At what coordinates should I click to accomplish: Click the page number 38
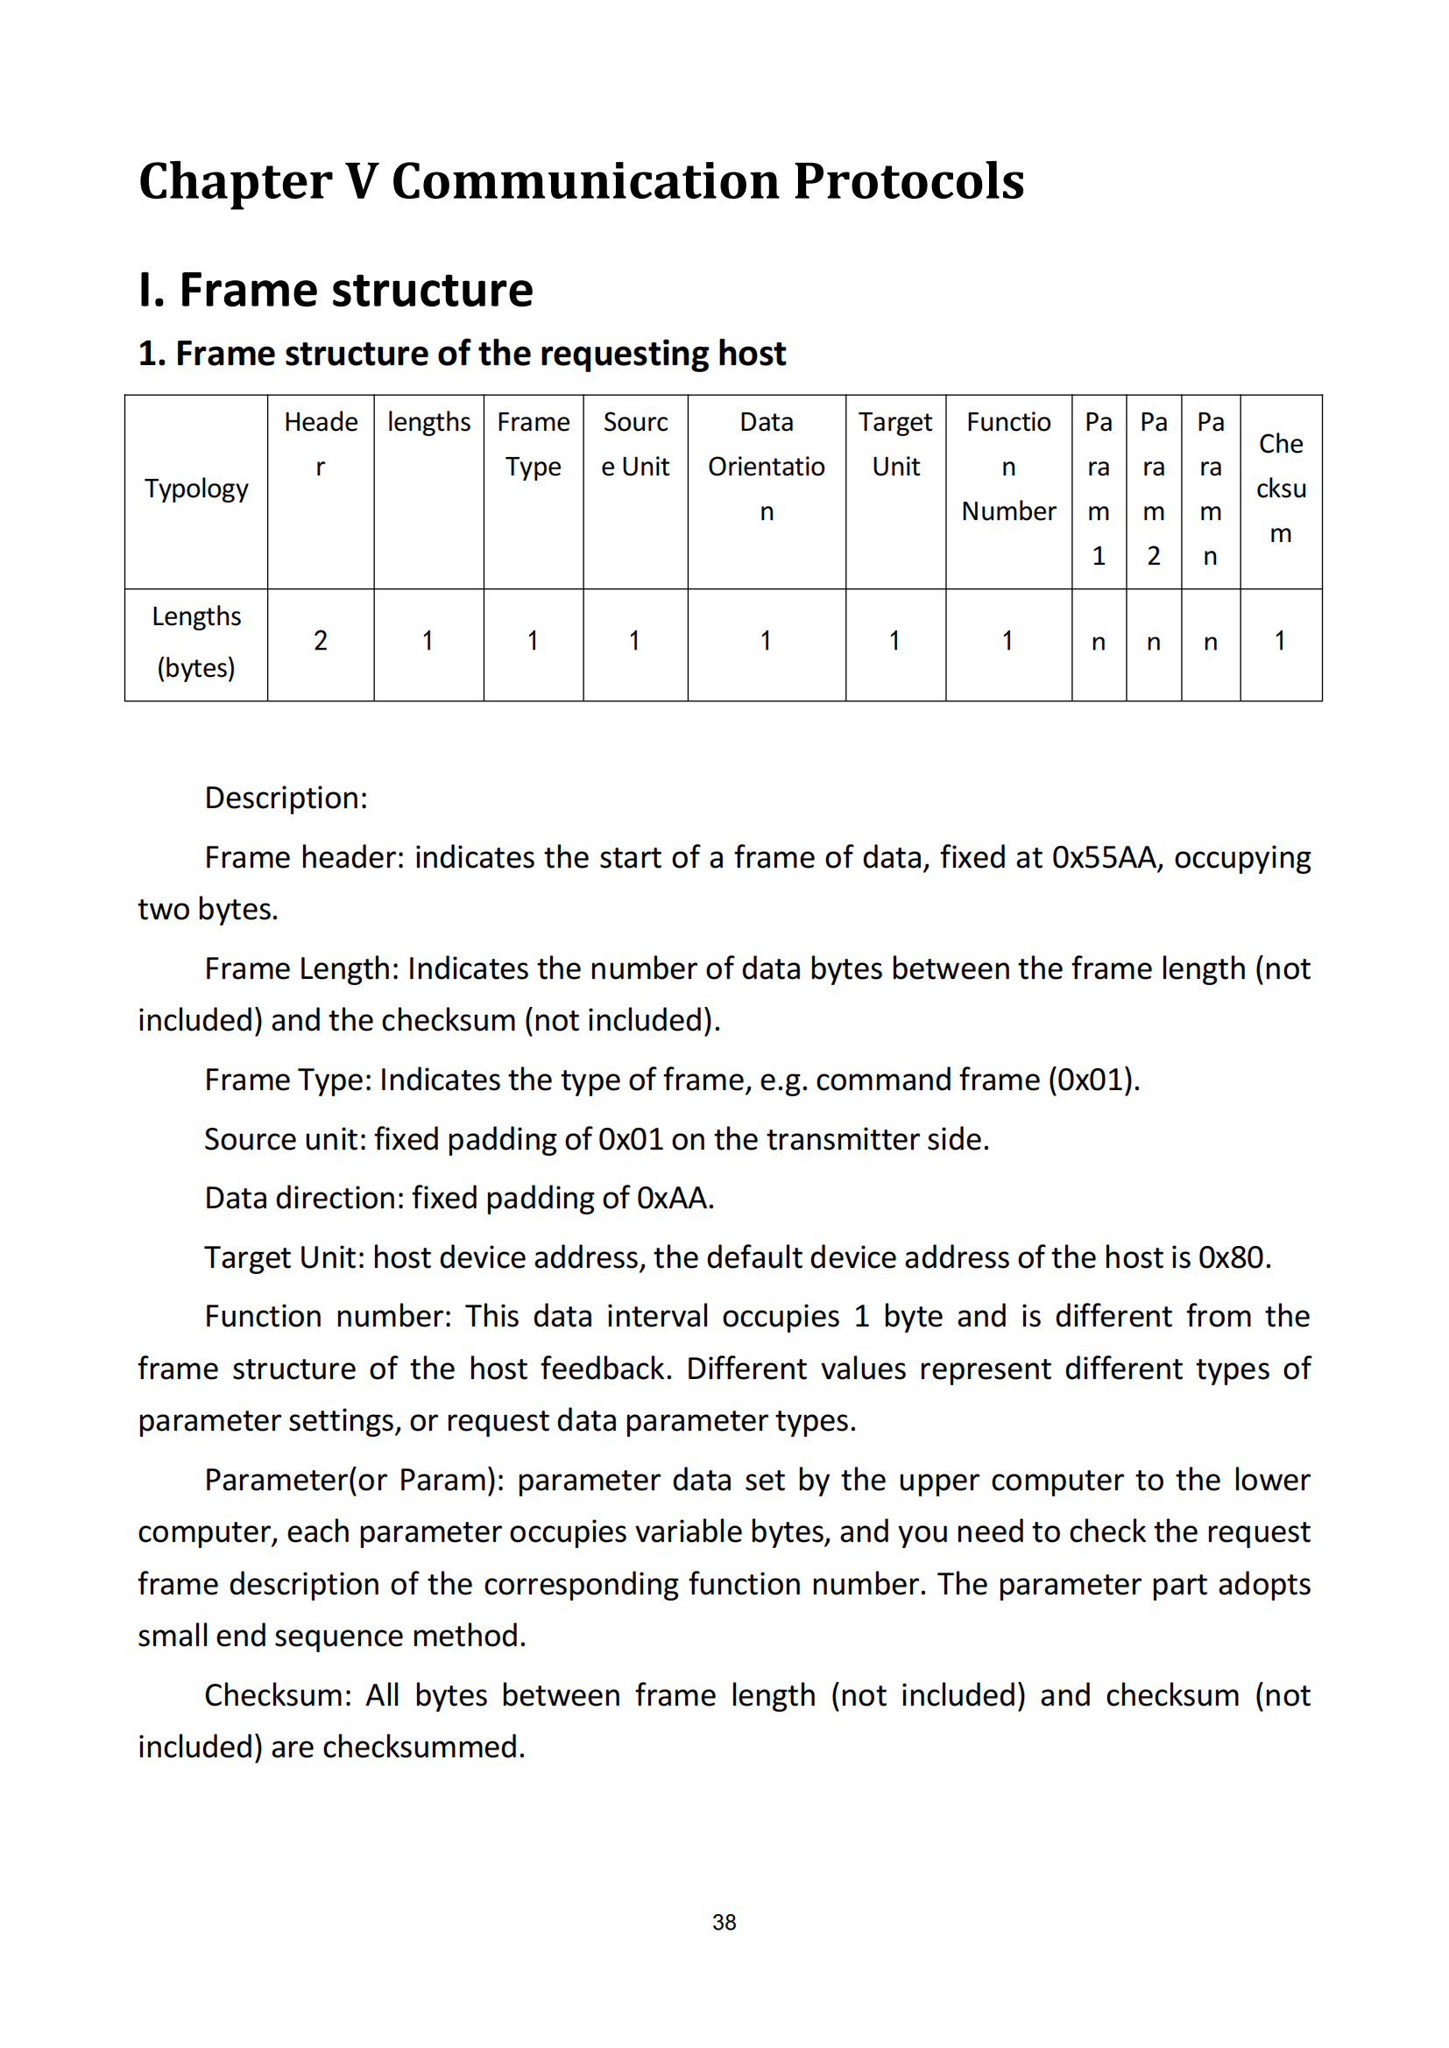tap(724, 1922)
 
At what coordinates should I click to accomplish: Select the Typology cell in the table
tap(196, 489)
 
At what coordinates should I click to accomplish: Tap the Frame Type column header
tap(533, 444)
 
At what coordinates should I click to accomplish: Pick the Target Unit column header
tap(895, 444)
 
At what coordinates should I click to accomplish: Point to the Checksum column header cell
tap(1281, 489)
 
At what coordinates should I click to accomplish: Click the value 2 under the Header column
tap(321, 640)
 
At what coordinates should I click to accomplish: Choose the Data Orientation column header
tap(767, 467)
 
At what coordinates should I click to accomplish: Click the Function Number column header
tap(1008, 467)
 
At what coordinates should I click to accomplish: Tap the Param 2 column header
tap(1153, 489)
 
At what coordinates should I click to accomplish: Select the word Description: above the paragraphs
tap(286, 798)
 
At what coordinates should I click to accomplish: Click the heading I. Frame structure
tap(336, 290)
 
